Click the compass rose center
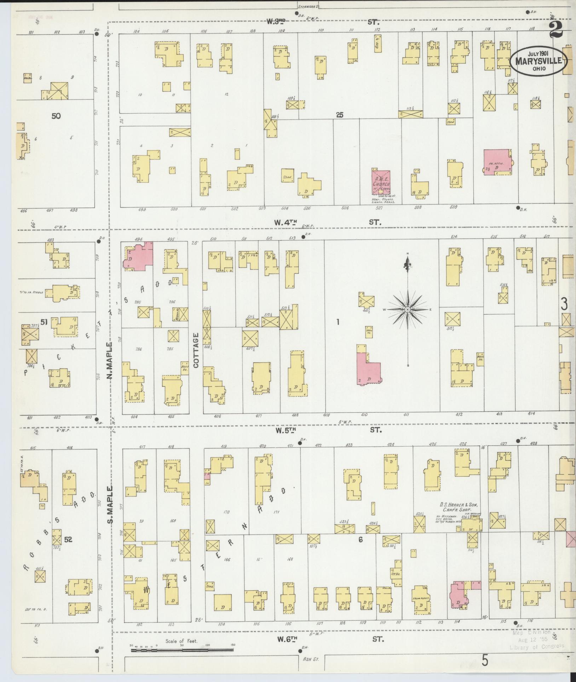pos(408,310)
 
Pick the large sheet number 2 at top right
pos(556,29)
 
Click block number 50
pos(56,116)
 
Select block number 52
pos(68,550)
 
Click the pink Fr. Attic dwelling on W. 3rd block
pos(497,161)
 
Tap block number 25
pos(340,115)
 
